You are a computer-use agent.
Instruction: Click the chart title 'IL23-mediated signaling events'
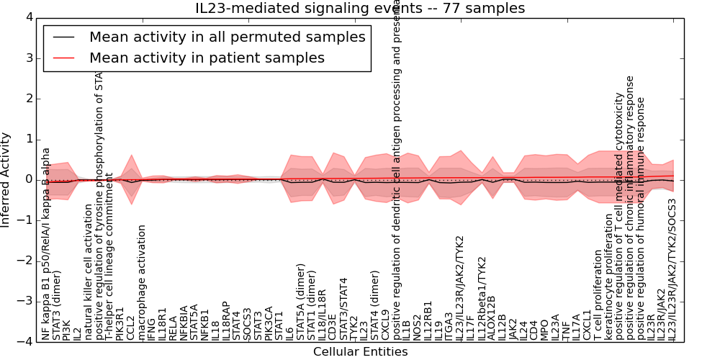click(x=360, y=9)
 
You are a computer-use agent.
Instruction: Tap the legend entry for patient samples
click(x=207, y=58)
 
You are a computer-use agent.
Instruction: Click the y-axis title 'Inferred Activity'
click(x=6, y=179)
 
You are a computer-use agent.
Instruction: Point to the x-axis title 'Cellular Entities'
click(x=360, y=351)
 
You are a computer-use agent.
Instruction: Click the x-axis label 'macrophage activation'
click(x=142, y=282)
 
